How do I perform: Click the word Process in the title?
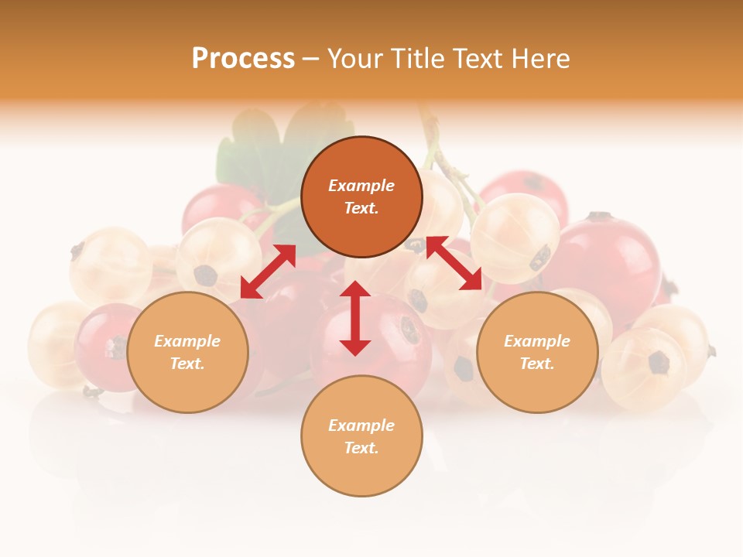coord(243,59)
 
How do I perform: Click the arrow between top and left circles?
coord(268,272)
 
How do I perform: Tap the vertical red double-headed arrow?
coord(355,318)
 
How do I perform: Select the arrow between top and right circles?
coord(454,263)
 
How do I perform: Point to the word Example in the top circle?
coord(361,186)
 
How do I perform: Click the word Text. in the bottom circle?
coord(361,448)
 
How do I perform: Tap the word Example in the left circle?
coord(187,341)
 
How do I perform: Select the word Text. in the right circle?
coord(537,364)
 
